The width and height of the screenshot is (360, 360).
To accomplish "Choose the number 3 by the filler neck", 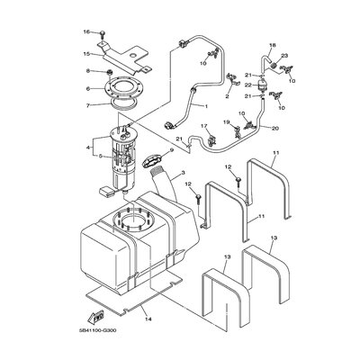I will tap(182, 173).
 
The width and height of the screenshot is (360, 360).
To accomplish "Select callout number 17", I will tap(203, 127).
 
